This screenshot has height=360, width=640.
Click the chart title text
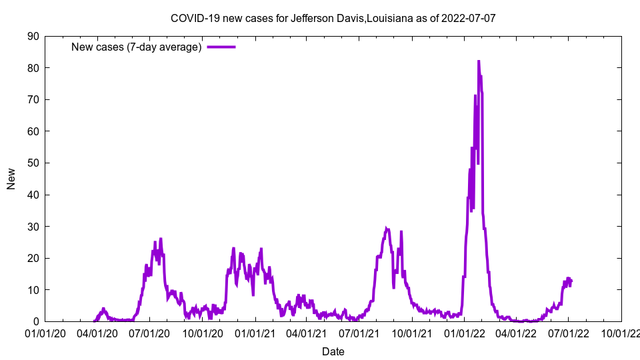333,18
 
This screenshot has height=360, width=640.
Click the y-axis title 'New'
11,179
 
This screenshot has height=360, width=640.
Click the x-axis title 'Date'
333,351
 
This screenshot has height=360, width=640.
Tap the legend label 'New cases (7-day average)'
136,47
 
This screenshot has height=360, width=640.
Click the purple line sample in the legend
221,47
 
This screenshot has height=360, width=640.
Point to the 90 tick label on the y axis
33,36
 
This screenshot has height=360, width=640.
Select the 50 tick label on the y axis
33,163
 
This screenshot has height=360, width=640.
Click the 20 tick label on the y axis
33,258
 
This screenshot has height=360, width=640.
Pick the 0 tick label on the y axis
35,321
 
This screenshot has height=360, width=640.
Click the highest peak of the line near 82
478,61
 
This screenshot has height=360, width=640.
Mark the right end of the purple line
571,281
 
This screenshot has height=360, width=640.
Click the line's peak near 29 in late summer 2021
387,229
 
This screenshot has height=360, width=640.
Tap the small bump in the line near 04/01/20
103,309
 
